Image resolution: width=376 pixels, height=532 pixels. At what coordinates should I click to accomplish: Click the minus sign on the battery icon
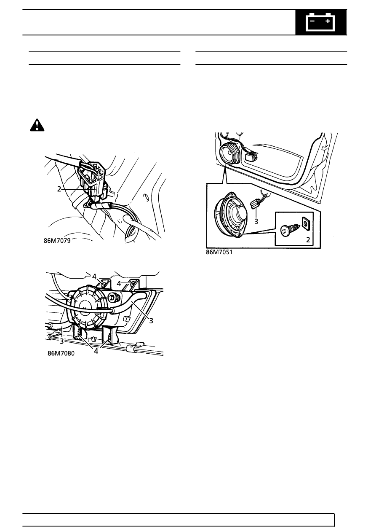(312, 21)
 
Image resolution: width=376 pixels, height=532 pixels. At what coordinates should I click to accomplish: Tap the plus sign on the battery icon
(328, 21)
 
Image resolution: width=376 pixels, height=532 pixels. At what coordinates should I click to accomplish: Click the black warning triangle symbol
(37, 125)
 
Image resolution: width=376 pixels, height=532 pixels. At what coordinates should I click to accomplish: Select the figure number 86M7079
(57, 241)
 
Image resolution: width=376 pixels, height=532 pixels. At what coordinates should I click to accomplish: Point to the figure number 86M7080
(61, 353)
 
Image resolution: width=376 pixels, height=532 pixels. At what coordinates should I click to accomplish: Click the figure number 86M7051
(219, 252)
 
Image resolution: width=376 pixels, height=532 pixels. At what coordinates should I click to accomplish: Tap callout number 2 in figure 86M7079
(59, 189)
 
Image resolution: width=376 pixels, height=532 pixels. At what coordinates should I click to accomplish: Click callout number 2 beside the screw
(308, 239)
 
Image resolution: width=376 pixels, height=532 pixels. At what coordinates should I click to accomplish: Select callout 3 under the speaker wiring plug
(256, 221)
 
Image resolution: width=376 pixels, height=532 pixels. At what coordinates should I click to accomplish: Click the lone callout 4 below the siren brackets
(96, 351)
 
